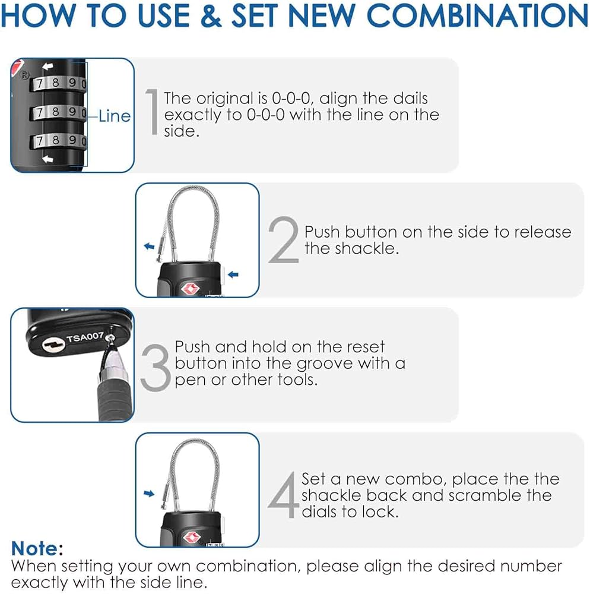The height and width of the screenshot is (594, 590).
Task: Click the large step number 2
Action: (x=283, y=240)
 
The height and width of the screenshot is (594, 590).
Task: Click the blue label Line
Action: (x=114, y=116)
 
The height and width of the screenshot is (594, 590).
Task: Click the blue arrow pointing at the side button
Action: (x=233, y=274)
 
